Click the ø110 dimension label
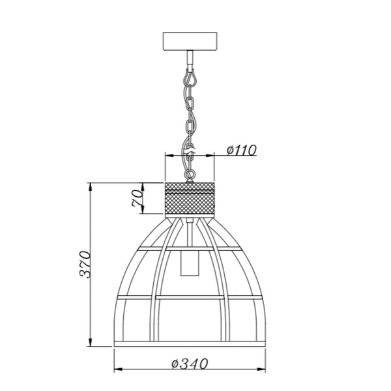tap(241, 150)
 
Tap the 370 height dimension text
tap(85, 264)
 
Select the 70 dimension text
tap(138, 199)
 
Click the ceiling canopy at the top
tap(190, 42)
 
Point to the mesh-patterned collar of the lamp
tap(190, 199)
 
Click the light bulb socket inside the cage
tap(190, 264)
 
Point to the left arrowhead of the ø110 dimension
tap(168, 156)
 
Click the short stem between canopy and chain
tap(190, 61)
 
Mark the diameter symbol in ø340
tap(175, 364)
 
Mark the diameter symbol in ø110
tap(231, 150)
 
